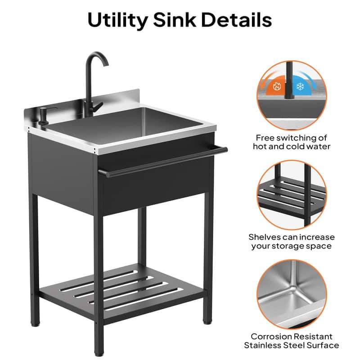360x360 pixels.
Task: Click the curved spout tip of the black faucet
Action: coord(106,63)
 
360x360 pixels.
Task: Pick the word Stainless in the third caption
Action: coord(265,346)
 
